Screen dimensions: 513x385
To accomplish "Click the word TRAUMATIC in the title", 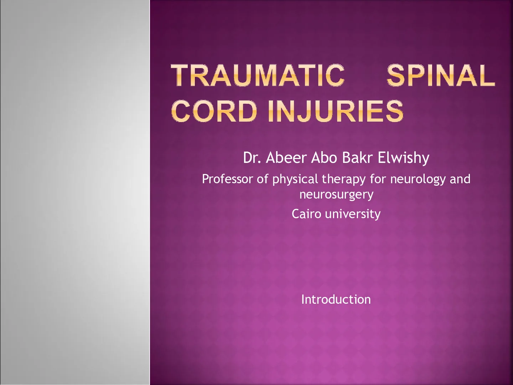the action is coord(258,75).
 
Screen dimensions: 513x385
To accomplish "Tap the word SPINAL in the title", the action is coord(441,75).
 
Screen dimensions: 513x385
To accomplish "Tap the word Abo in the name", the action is coord(324,158).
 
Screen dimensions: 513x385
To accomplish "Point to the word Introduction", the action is coord(336,299).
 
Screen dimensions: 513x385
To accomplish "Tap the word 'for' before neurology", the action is coord(378,179).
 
